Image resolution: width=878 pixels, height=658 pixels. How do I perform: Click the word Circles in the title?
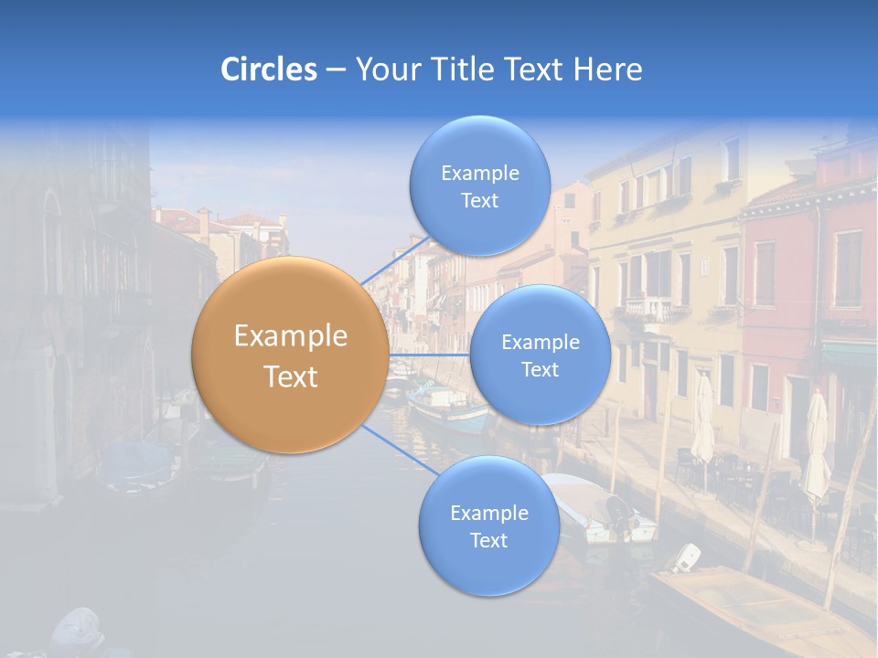pyautogui.click(x=269, y=69)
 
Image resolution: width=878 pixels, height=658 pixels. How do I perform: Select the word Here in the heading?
pyautogui.click(x=607, y=69)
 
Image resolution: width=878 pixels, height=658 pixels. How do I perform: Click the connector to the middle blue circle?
pyautogui.click(x=429, y=355)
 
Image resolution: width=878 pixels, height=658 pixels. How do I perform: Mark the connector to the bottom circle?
pyautogui.click(x=399, y=450)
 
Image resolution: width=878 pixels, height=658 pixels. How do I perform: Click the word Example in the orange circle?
pyautogui.click(x=291, y=336)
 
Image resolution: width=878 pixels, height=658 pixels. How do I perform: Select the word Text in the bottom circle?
pyautogui.click(x=488, y=540)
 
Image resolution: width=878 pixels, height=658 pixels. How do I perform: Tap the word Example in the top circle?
pyautogui.click(x=479, y=173)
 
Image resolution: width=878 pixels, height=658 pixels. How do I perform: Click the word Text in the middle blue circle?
pyautogui.click(x=540, y=369)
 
